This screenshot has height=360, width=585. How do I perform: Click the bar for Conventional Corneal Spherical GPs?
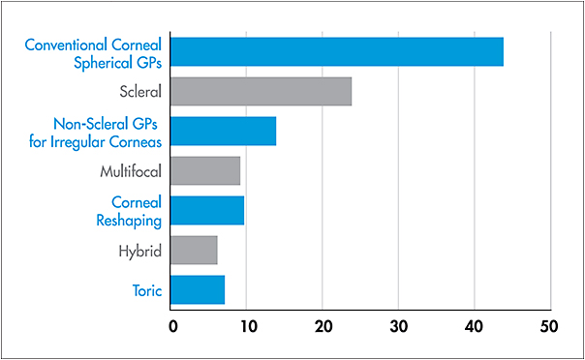337,52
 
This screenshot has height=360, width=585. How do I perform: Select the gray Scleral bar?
262,92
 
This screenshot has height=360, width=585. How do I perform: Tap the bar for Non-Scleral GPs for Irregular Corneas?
224,131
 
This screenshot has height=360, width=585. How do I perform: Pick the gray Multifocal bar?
205,171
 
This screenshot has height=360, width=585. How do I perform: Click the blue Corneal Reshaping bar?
207,210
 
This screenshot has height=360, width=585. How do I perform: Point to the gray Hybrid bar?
194,250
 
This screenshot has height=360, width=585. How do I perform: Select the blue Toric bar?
198,289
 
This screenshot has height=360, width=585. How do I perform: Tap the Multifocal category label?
130,172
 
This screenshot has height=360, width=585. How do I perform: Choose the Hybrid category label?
138,251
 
